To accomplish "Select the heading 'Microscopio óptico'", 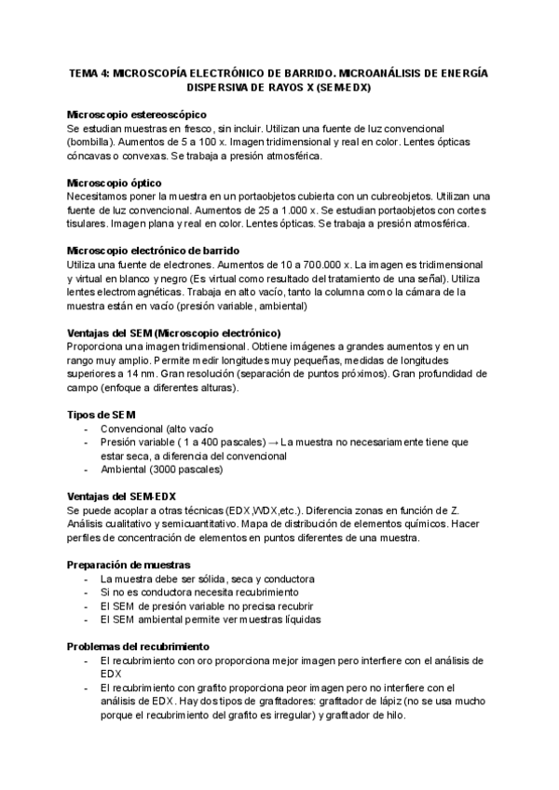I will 116,183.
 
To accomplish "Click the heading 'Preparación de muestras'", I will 130,564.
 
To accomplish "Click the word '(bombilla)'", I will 91,141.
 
